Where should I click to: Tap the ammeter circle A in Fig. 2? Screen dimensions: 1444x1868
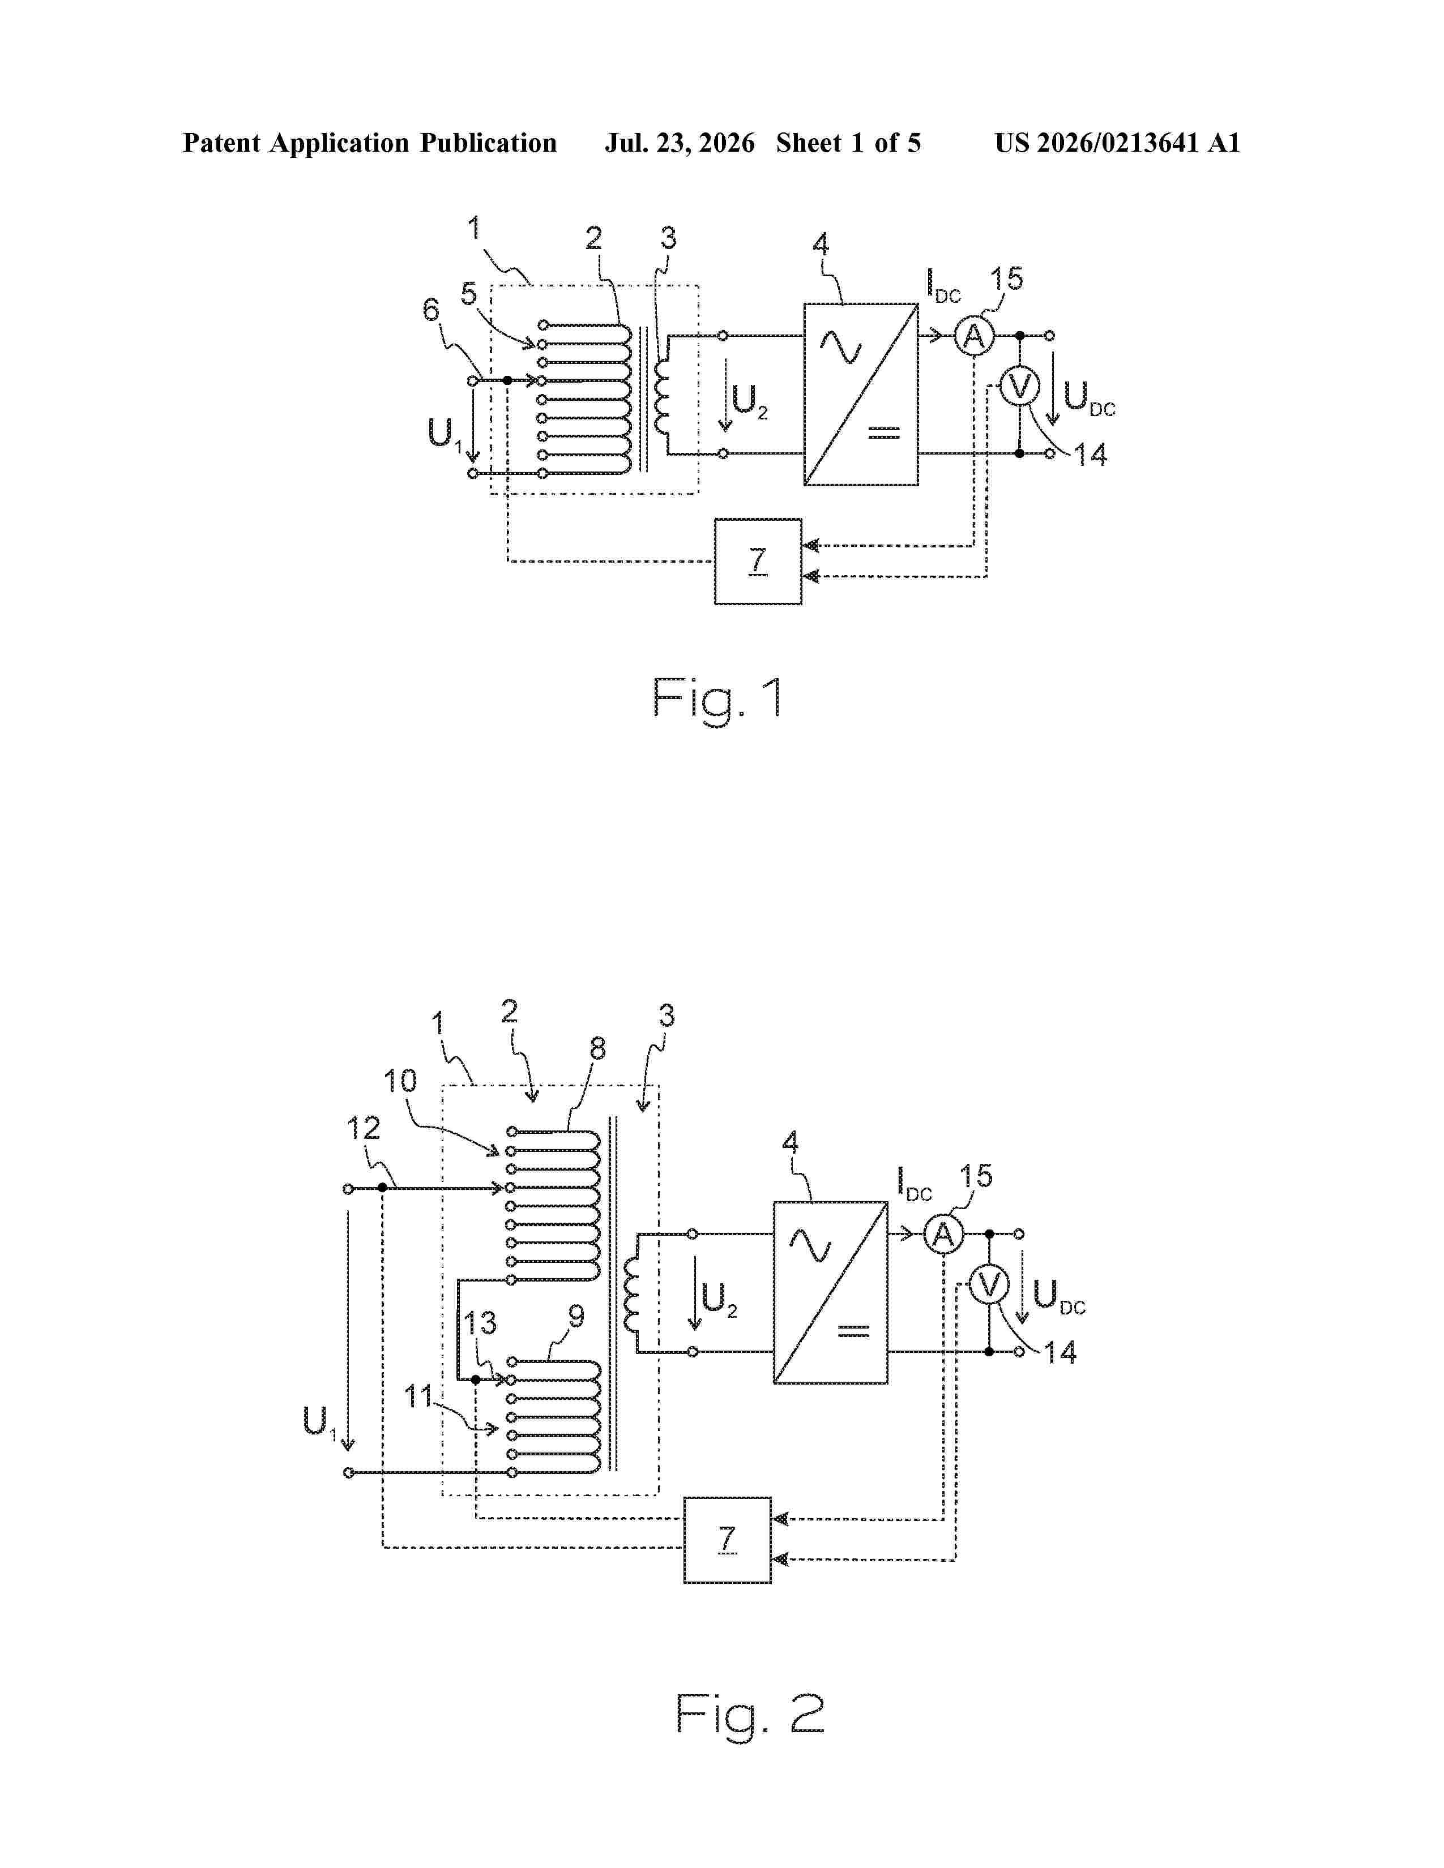[x=943, y=1234]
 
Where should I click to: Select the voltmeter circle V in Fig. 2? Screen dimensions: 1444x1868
[x=989, y=1285]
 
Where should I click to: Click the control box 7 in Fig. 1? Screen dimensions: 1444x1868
[x=758, y=561]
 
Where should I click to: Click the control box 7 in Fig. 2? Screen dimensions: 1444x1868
[x=727, y=1540]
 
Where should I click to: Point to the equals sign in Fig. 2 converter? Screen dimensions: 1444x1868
[x=853, y=1330]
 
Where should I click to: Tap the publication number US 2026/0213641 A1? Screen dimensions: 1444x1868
[x=1117, y=143]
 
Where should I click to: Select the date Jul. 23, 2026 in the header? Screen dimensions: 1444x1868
[x=680, y=143]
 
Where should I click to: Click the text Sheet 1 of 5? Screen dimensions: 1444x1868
[x=849, y=143]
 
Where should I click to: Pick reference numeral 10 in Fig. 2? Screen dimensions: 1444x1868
[x=399, y=1081]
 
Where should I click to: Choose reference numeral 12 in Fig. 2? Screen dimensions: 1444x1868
[x=363, y=1128]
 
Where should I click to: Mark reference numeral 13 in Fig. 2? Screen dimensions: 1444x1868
[x=480, y=1323]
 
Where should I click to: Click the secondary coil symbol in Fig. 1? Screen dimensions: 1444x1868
[x=662, y=395]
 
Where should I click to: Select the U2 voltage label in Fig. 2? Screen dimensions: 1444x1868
[x=719, y=1299]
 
